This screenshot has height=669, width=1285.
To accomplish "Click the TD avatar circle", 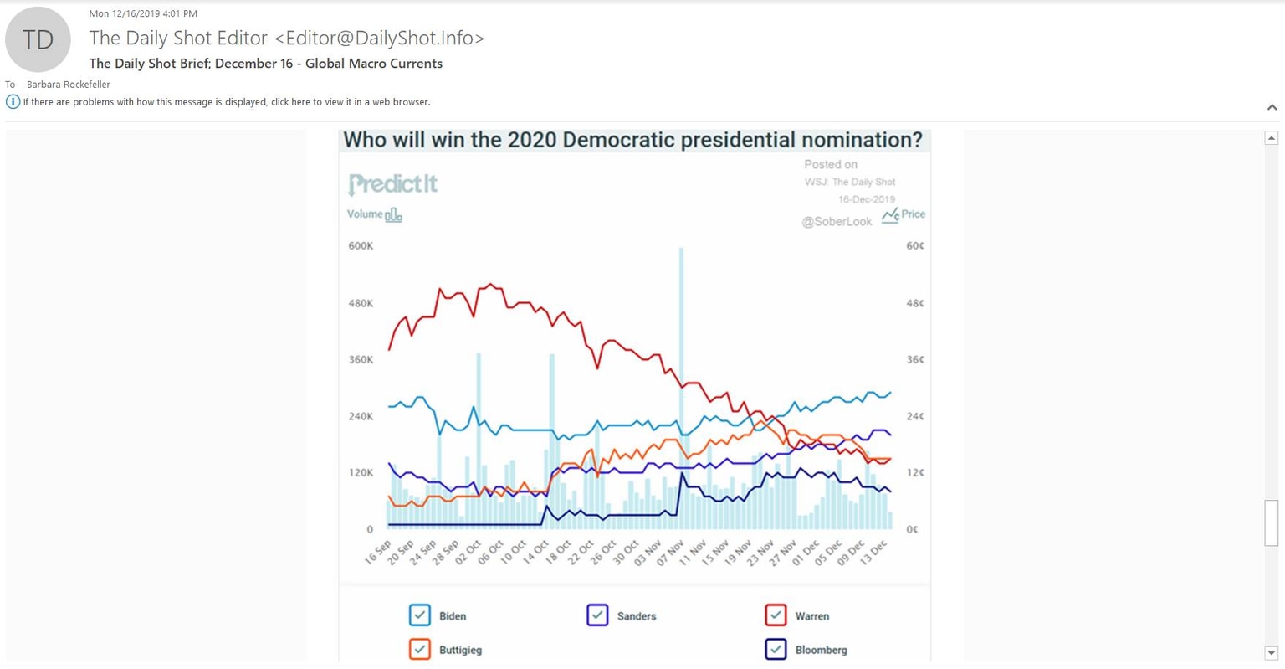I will click(38, 39).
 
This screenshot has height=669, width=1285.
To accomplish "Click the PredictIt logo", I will click(392, 183).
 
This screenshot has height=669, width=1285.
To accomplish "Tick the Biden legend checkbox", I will click(420, 615).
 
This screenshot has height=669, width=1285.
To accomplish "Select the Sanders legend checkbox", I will click(597, 615).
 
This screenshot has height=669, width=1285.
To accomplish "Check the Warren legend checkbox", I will click(776, 615).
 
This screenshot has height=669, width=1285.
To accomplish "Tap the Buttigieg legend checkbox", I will click(420, 649).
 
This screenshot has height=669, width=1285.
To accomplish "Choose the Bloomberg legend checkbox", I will click(776, 649).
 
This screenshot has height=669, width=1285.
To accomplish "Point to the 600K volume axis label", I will click(361, 246).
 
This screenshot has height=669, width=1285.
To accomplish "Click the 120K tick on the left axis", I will click(361, 472).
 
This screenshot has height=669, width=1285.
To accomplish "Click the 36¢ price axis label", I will click(915, 360).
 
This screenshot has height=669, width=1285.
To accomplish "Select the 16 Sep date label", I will click(378, 553).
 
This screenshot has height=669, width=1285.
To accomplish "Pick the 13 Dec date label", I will click(873, 553).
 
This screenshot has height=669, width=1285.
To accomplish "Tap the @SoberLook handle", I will click(837, 222).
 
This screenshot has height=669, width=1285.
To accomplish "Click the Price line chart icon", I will click(890, 214).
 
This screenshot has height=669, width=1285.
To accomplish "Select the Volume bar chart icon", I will click(393, 215).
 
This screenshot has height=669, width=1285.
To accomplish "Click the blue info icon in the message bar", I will click(13, 102).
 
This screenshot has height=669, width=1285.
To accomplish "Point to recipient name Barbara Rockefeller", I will click(69, 85).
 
